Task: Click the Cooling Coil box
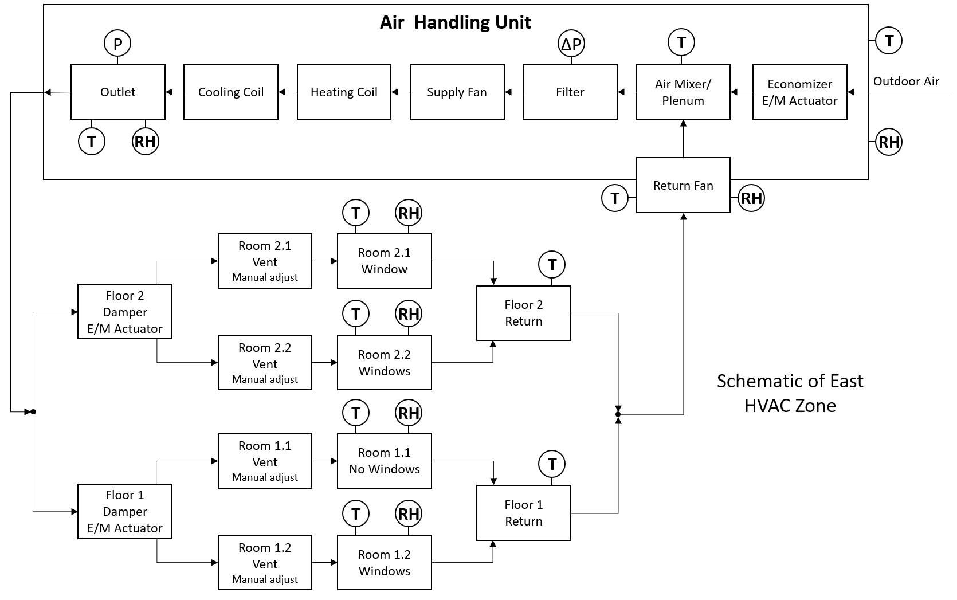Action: pos(230,92)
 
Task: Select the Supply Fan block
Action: pos(457,92)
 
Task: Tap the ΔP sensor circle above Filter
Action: pos(571,44)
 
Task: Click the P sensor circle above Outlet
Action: pos(117,44)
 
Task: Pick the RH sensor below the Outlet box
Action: pos(145,142)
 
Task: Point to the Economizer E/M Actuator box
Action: pos(799,92)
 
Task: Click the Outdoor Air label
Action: pos(905,81)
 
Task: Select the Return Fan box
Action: pos(683,185)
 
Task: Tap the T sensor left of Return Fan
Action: pos(615,198)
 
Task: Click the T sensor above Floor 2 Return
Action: pos(552,265)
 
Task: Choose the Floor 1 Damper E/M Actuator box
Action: pos(124,511)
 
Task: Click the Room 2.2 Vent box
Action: pos(265,363)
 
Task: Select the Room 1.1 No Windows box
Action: pos(384,461)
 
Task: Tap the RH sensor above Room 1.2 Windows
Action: pos(409,514)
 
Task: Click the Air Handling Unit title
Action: pos(456,22)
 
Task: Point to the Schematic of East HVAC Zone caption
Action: pos(790,393)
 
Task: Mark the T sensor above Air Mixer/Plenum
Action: pos(681,42)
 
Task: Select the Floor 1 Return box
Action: pos(523,513)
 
